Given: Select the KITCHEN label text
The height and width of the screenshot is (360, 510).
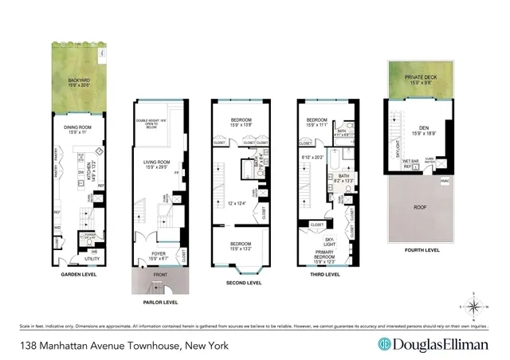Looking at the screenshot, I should click(x=88, y=160).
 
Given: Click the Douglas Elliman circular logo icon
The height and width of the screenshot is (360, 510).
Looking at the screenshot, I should click(x=383, y=345).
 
